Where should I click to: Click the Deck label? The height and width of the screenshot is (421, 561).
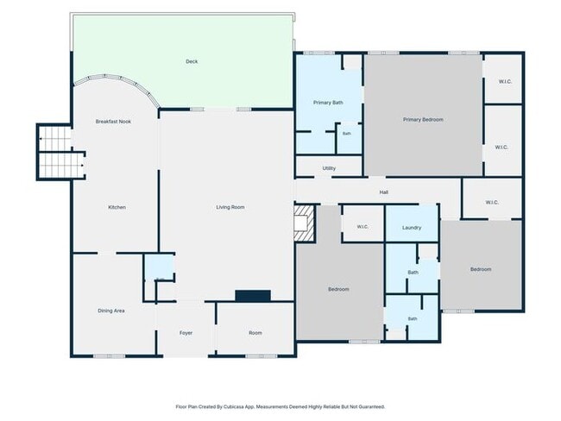pos(192,61)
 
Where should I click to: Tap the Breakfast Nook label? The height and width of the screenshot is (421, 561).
pos(113,122)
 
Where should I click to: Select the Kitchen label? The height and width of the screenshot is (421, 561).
pos(117,207)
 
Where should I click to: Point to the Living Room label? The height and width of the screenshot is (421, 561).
pos(230,207)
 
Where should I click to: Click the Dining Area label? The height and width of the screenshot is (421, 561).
pos(111,311)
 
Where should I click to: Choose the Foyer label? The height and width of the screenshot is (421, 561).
pos(186,333)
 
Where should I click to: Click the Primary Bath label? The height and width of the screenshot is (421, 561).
pos(328,103)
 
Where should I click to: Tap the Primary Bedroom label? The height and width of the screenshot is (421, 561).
pos(423,119)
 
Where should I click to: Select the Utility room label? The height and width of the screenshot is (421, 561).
pos(329,168)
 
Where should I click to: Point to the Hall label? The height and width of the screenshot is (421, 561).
pos(384,192)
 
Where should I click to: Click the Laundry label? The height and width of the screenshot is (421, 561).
pos(412,228)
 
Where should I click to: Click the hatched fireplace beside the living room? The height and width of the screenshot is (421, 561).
pos(305,223)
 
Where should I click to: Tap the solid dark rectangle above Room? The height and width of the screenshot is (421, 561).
pos(253,296)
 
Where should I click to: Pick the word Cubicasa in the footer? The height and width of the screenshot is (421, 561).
pos(233,406)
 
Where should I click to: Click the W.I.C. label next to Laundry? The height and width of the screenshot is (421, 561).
pos(362,227)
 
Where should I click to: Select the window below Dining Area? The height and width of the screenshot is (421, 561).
pos(110,356)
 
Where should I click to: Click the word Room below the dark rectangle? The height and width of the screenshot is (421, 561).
pos(255,333)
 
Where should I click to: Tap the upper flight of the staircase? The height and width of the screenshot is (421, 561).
pos(54,138)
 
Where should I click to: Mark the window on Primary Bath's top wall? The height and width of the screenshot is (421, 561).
pos(319,53)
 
